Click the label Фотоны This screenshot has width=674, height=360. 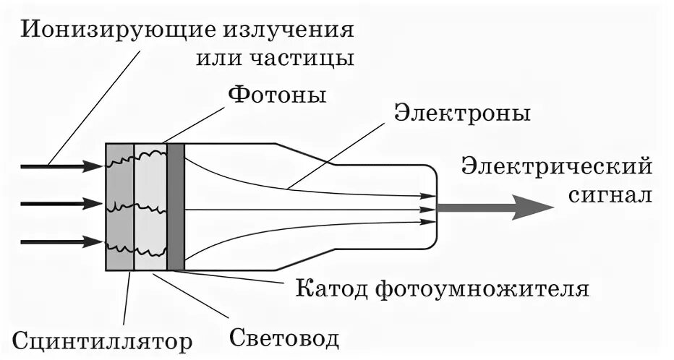[277, 95]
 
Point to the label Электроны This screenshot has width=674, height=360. [463, 113]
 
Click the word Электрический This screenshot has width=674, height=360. [558, 167]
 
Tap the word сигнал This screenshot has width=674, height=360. [610, 195]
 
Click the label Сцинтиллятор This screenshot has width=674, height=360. [103, 340]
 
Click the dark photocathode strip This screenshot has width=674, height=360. [176, 207]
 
